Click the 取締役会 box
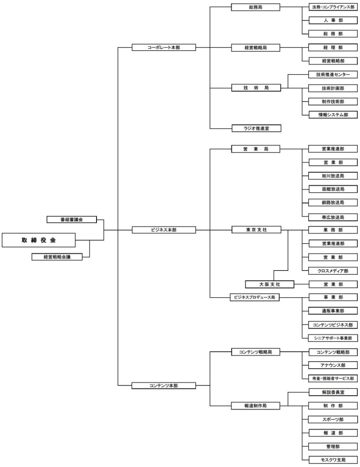[39, 240]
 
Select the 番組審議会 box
[72, 219]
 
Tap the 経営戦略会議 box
[57, 257]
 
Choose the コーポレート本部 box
[164, 47]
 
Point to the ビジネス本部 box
[164, 230]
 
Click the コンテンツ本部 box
[164, 386]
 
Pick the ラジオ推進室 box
[256, 128]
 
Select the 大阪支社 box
[270, 284]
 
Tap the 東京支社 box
[256, 230]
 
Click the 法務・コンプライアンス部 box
[333, 7]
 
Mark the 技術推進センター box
[333, 75]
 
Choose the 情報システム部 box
[333, 115]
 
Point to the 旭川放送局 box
[333, 176]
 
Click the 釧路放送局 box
[333, 202]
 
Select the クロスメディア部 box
[333, 271]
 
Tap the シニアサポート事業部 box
[333, 338]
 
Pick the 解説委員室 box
[333, 392]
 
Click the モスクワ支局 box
[333, 460]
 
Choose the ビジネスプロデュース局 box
[255, 297]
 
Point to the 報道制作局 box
[256, 406]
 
